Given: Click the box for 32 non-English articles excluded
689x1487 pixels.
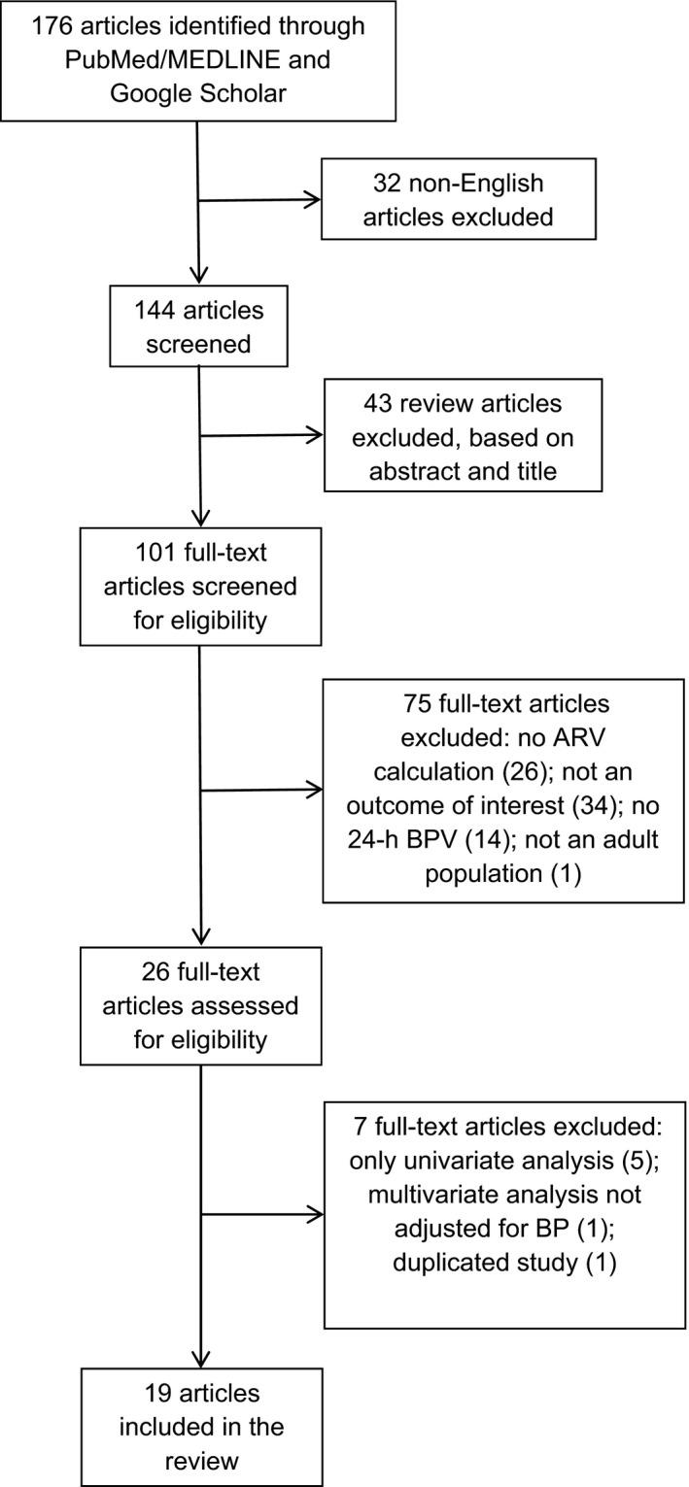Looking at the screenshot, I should pos(458,199).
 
